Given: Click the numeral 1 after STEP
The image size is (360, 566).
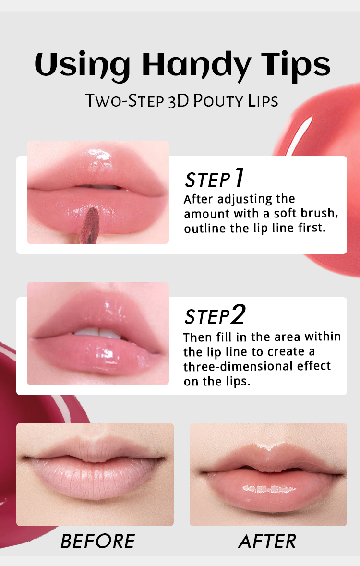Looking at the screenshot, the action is (239, 178).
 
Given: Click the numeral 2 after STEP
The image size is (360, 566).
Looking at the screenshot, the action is (238, 315).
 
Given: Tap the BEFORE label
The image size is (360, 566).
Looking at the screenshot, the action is (97, 542).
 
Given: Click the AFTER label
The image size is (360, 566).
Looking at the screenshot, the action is (267, 542).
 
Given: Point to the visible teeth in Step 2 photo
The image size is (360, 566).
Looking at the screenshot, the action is (97, 332).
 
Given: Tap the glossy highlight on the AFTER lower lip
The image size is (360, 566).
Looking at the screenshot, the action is (268, 489).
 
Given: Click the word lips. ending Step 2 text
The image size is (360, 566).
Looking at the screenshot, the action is (235, 381).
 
